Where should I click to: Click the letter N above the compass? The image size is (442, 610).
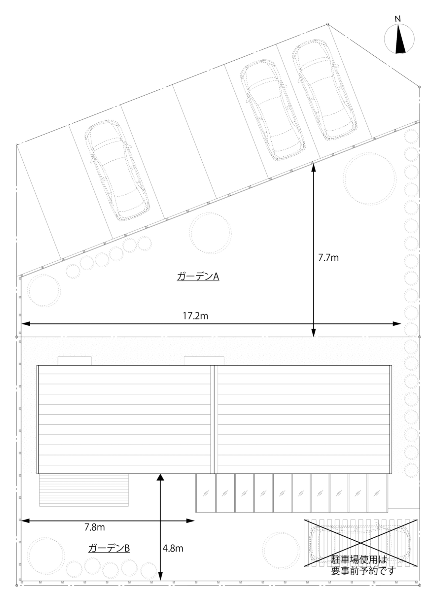(398, 19)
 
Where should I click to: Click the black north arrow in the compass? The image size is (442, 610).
(400, 39)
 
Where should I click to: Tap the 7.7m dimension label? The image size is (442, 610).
(328, 258)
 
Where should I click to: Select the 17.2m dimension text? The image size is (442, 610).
(195, 316)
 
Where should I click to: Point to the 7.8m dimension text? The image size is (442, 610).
(94, 528)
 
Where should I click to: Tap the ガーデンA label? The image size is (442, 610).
(198, 277)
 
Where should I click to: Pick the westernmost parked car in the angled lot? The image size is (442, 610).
(117, 170)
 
